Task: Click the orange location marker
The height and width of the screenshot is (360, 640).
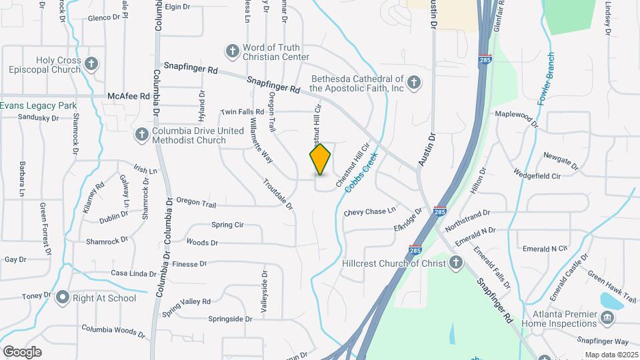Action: (320, 159)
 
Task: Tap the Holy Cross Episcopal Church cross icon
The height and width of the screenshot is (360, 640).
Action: (92, 65)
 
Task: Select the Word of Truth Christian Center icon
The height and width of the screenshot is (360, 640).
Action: (232, 51)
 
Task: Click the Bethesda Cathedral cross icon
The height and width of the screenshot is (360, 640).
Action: (414, 83)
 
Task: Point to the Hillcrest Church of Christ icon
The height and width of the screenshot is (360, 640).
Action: (456, 263)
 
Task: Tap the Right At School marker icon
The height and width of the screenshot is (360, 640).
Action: (63, 297)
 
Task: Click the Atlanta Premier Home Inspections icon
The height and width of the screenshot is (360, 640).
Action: (607, 317)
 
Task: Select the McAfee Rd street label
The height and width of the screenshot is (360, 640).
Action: (129, 97)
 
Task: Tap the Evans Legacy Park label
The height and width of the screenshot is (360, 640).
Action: (38, 105)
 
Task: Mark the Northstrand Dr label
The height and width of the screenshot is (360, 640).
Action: (467, 220)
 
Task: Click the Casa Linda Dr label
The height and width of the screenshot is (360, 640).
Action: (133, 273)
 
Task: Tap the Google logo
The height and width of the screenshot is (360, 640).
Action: (22, 351)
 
